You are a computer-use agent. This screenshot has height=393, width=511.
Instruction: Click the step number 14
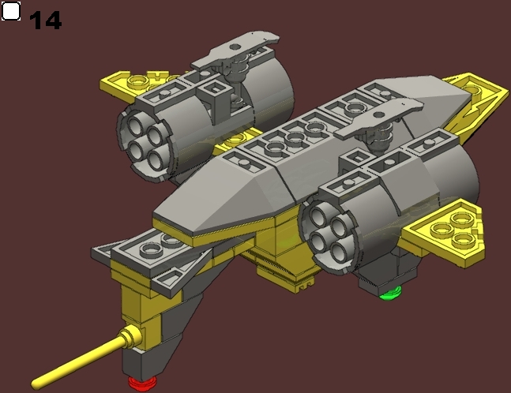[x=45, y=20]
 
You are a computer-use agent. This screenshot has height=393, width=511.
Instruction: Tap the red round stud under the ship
[x=141, y=383]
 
